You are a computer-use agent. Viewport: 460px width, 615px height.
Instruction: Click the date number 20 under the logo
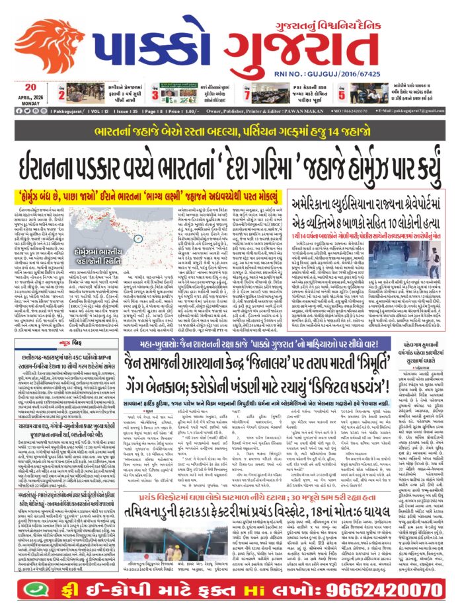[x=30, y=87]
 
